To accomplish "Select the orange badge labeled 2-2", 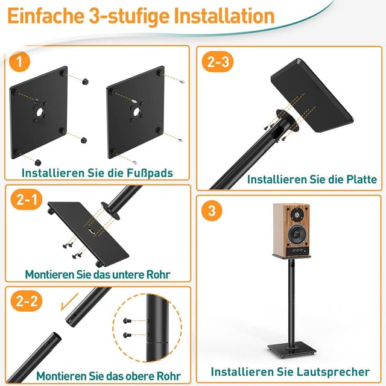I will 25,302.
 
